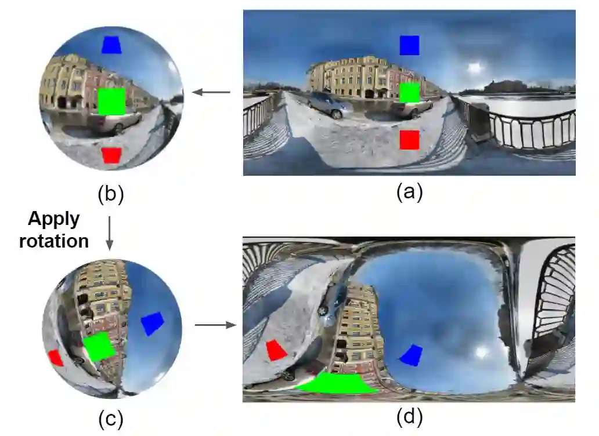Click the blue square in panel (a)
(x=409, y=45)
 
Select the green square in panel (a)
(x=409, y=92)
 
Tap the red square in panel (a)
(x=409, y=140)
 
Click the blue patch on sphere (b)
(x=111, y=45)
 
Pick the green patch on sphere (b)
(x=111, y=101)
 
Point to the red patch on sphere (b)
(x=111, y=155)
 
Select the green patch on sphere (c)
(x=98, y=347)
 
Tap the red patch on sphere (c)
(x=56, y=358)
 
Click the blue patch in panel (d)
(x=411, y=355)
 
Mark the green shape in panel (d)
(x=337, y=384)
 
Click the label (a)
(x=409, y=192)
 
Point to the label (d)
(x=409, y=416)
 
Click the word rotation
(x=54, y=241)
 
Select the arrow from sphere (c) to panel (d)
(x=215, y=325)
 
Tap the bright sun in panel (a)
(x=475, y=68)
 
